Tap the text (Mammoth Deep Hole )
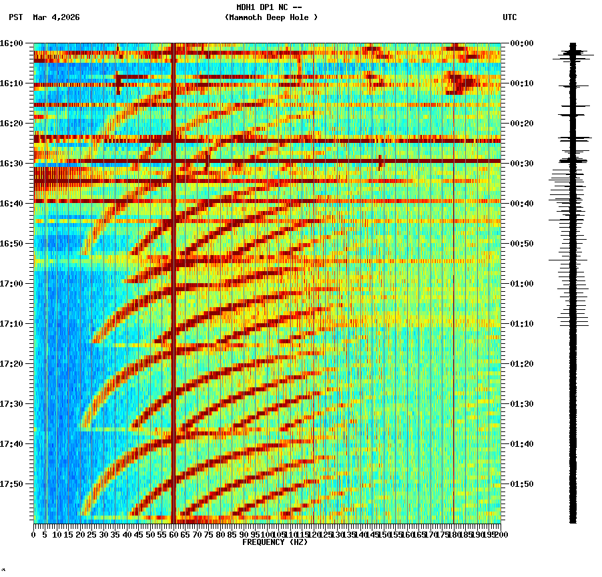[271, 17]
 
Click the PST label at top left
[16, 17]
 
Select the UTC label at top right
[509, 17]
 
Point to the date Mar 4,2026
[56, 17]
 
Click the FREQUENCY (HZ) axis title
[275, 542]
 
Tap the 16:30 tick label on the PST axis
[11, 164]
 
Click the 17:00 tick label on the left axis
[11, 284]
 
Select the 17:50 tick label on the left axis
[11, 484]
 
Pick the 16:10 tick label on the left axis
[11, 83]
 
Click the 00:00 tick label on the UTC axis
[522, 43]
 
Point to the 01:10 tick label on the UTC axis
[522, 324]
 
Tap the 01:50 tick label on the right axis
[522, 484]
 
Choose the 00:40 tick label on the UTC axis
[522, 204]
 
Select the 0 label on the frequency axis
[34, 535]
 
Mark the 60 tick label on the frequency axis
[174, 535]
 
